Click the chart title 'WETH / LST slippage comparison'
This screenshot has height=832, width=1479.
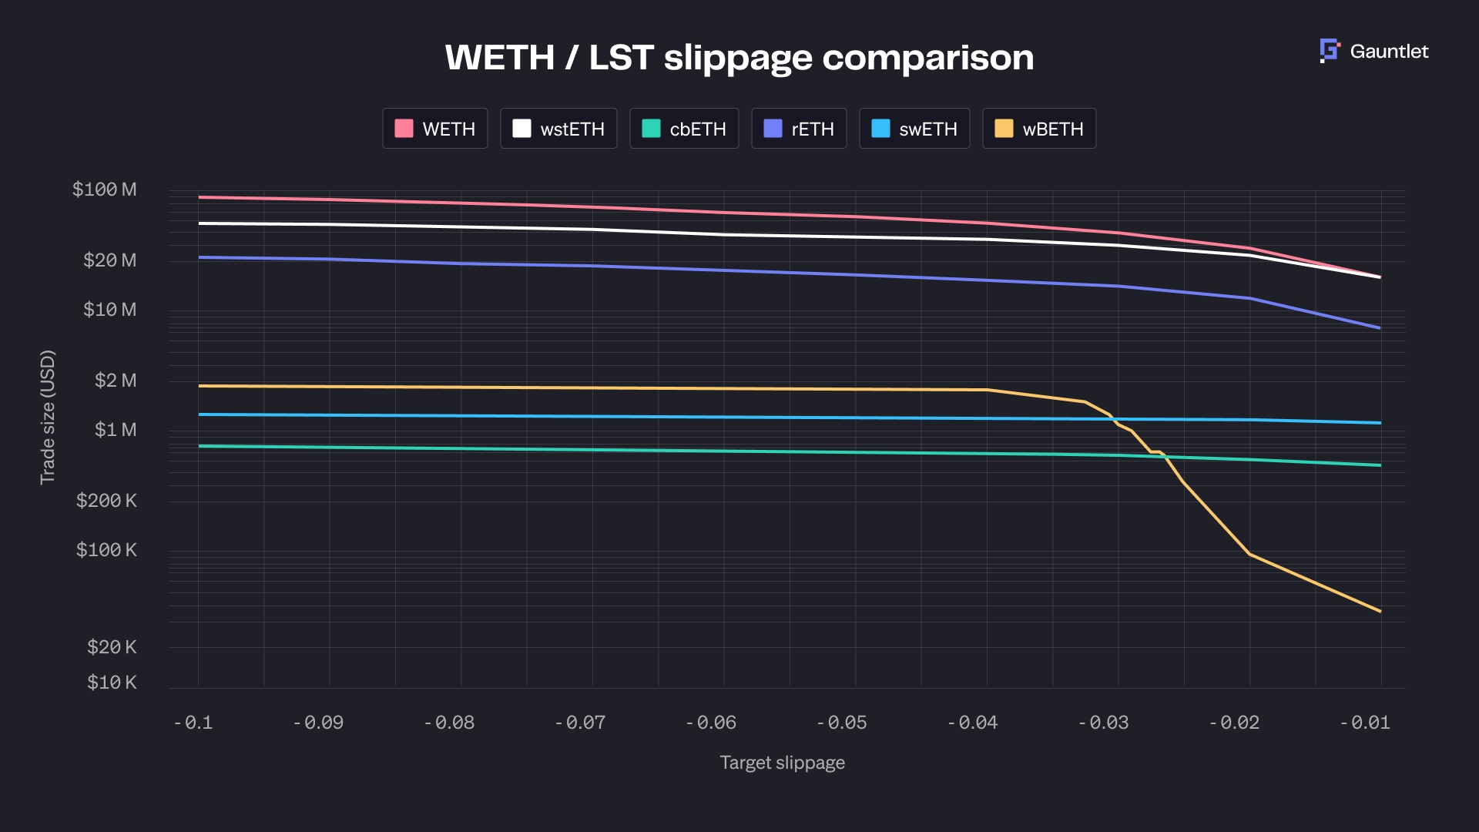[x=739, y=58]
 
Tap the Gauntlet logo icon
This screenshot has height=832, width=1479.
[x=1330, y=51]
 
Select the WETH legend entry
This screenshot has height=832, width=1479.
[x=435, y=129]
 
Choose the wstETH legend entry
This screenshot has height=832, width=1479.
[x=558, y=129]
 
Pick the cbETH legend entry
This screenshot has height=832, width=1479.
[x=684, y=129]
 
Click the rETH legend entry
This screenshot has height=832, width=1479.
[x=799, y=129]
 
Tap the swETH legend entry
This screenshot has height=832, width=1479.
[x=914, y=129]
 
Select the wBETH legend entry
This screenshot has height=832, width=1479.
[x=1039, y=129]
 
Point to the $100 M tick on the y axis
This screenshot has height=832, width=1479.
[x=104, y=190]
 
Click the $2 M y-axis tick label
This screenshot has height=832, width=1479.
[x=115, y=381]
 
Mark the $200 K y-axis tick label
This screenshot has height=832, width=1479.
[x=106, y=501]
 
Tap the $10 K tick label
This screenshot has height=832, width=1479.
[x=112, y=683]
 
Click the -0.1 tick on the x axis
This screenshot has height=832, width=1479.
[x=194, y=723]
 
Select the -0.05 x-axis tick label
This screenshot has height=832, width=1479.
[x=842, y=723]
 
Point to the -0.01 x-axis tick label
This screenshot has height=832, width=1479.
[x=1366, y=723]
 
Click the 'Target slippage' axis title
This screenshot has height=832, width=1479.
[x=782, y=763]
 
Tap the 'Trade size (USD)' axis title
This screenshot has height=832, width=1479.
[x=48, y=417]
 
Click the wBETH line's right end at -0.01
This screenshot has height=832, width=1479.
[x=1380, y=611]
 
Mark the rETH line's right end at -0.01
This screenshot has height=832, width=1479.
[x=1380, y=328]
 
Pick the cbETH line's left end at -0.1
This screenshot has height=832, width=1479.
[x=200, y=446]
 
